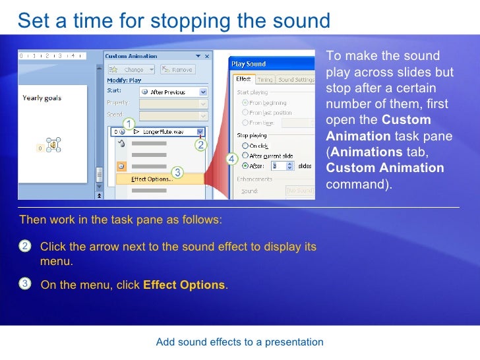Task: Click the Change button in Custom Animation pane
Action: click(131, 69)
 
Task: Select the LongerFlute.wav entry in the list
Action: click(161, 131)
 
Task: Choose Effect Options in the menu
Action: click(152, 179)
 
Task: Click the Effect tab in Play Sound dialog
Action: click(243, 79)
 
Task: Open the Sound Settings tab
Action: click(296, 79)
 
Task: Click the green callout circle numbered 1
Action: click(129, 124)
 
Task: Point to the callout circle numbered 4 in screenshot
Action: click(231, 160)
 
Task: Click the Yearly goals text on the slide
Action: click(42, 98)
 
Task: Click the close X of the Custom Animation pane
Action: click(204, 56)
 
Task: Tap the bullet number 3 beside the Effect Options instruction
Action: click(24, 284)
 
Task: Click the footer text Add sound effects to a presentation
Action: click(239, 342)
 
